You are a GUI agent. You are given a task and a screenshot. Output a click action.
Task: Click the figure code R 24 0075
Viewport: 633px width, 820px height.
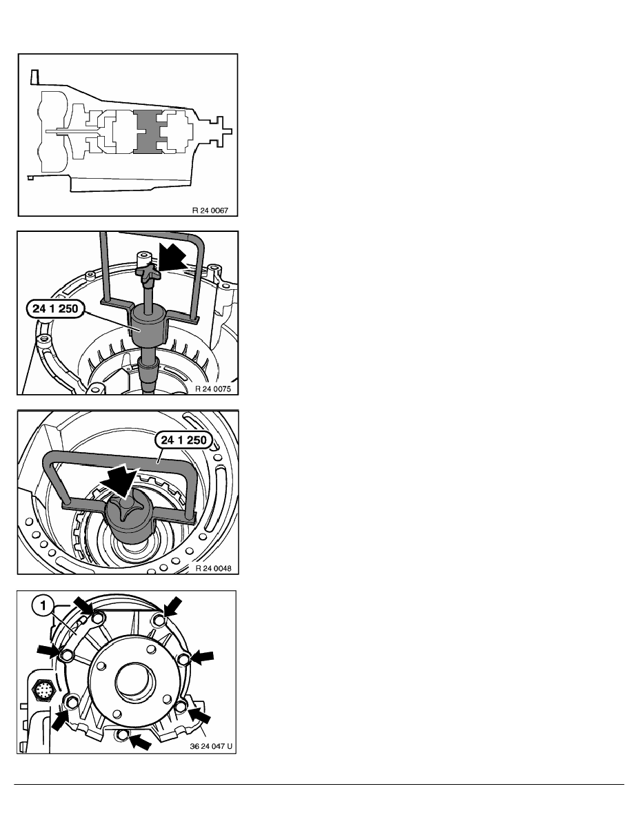(212, 389)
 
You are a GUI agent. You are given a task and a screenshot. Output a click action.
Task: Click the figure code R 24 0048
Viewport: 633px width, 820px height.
(213, 569)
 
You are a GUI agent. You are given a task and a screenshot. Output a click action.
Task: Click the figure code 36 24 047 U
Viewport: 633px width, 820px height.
(211, 746)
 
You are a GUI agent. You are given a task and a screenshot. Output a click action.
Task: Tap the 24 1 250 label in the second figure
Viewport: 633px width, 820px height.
(55, 309)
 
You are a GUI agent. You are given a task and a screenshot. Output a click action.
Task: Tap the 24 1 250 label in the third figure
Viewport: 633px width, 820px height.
(184, 440)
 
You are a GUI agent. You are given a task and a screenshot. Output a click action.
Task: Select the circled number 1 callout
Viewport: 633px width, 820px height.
(43, 606)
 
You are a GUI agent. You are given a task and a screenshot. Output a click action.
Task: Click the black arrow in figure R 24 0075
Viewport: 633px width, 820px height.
(173, 258)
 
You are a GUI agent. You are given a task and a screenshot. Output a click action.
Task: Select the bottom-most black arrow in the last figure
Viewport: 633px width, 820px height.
(140, 742)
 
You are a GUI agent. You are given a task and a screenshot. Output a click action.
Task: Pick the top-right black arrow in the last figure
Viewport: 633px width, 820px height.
(173, 608)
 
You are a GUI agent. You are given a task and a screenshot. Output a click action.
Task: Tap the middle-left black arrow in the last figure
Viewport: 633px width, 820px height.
(48, 652)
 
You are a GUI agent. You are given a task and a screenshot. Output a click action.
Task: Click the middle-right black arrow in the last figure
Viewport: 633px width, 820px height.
(201, 656)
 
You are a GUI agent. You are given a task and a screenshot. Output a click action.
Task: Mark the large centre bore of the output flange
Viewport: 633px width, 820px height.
(135, 683)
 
